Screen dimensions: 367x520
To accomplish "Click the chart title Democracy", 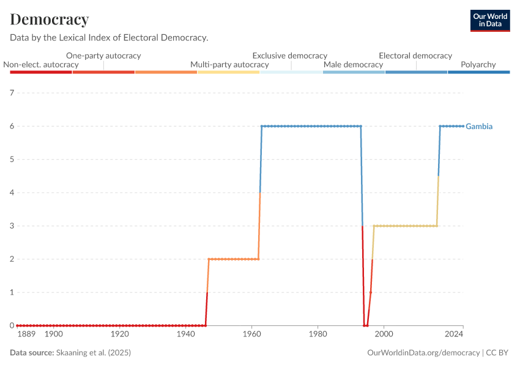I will coord(50,20).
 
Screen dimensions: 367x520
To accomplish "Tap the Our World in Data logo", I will coord(489,20).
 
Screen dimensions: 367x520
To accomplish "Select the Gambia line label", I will coord(479,127).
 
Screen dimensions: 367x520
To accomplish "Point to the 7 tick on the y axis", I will coord(12,93).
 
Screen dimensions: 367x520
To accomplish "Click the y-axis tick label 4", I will coord(12,193).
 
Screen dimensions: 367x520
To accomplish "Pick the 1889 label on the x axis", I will coord(26,335).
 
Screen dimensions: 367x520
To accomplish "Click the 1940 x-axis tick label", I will coord(186,335).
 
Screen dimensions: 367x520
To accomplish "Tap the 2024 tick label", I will coord(454,335).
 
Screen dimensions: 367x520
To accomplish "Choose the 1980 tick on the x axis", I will coord(318,335).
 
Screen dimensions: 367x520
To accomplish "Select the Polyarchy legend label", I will coord(478,64).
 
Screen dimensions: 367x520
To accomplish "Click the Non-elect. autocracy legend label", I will coord(41,64).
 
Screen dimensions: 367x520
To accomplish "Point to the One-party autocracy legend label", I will coord(103,56).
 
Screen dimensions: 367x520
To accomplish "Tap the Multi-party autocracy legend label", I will coord(229,64).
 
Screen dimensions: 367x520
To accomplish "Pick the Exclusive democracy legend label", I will coord(290,56).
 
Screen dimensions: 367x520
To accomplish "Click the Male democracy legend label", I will coord(353,64).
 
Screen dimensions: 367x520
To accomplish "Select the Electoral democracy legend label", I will coord(415,56).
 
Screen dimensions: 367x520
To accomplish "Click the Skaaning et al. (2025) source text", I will coord(94,353).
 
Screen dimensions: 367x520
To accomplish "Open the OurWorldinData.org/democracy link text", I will coord(423,353).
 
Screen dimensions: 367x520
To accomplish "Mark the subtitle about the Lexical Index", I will coord(110,37).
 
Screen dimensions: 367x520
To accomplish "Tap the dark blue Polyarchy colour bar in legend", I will coord(478,72).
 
